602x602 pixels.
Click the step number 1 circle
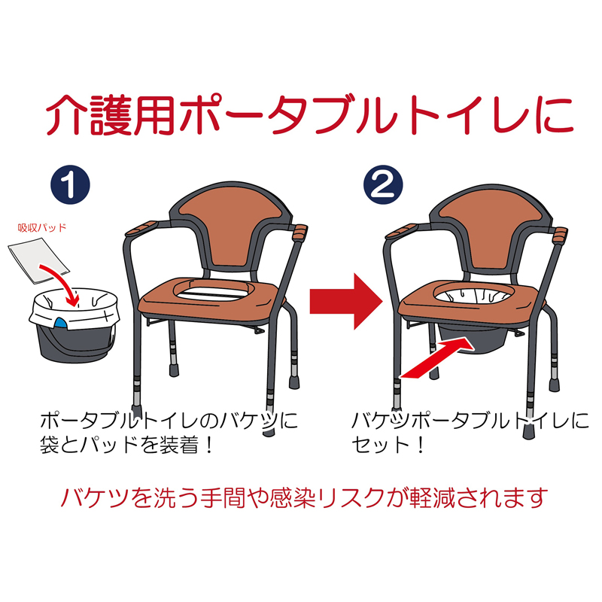pyautogui.click(x=70, y=184)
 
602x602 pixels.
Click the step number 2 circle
pyautogui.click(x=383, y=184)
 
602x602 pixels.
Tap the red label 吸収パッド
pyautogui.click(x=42, y=228)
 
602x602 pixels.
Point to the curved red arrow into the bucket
pyautogui.click(x=66, y=280)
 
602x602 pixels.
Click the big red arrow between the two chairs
pyautogui.click(x=346, y=302)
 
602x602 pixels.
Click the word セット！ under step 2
pyautogui.click(x=388, y=445)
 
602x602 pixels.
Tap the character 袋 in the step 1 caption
pyautogui.click(x=50, y=445)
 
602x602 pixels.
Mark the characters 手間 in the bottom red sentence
pyautogui.click(x=223, y=498)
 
